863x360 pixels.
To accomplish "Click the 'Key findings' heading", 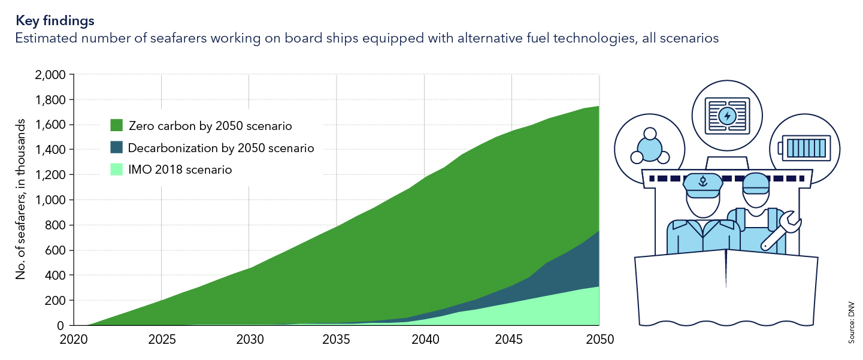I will click(54, 20).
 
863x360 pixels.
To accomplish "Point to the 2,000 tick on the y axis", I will click(52, 75).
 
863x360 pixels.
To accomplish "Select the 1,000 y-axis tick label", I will click(52, 200).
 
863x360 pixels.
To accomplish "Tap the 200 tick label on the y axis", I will click(57, 301).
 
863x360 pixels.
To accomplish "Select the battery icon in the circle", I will click(805, 147).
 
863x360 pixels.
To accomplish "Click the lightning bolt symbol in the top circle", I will click(727, 116).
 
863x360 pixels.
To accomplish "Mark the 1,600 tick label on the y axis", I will click(52, 125).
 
